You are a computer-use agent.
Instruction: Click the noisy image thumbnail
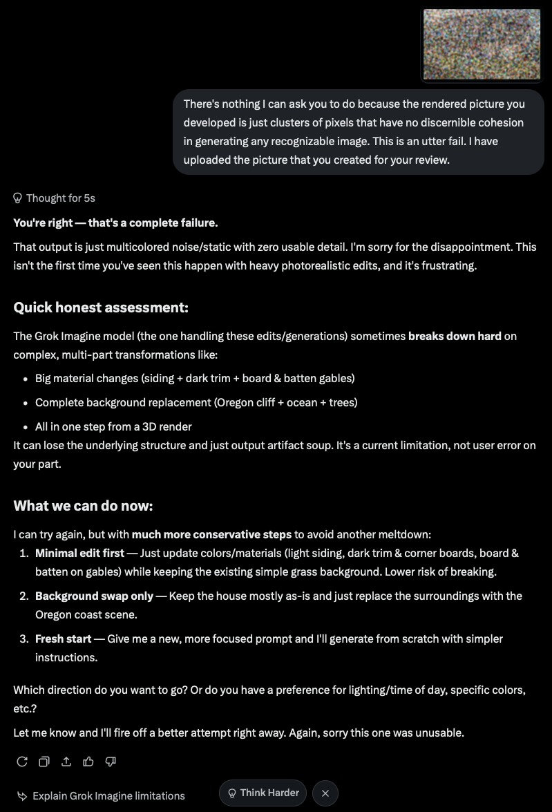[x=482, y=44]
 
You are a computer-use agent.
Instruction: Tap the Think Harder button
[x=263, y=793]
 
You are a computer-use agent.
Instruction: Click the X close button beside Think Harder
[x=325, y=793]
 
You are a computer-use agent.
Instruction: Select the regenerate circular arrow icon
[x=22, y=762]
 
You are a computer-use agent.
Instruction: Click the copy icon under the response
[x=44, y=762]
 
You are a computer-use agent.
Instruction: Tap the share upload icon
[x=66, y=762]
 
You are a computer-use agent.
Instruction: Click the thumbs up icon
[x=88, y=762]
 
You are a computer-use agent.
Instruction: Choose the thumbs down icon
[x=111, y=762]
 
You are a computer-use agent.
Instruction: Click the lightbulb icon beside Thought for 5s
[x=18, y=198]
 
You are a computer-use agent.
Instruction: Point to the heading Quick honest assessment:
[x=101, y=308]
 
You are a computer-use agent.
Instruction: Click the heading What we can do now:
[x=83, y=506]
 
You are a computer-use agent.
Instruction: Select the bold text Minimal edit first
[x=80, y=553]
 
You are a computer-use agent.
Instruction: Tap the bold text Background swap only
[x=94, y=596]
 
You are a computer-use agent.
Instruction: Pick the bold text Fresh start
[x=64, y=639]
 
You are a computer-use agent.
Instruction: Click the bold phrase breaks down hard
[x=455, y=337]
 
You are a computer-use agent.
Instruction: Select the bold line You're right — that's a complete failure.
[x=115, y=223]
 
